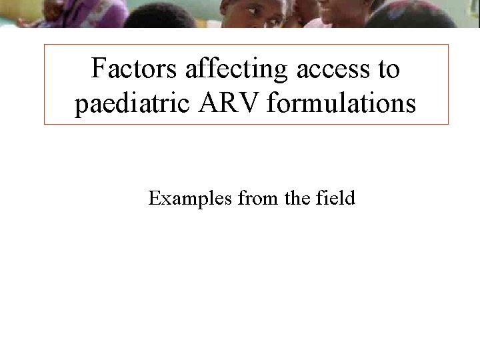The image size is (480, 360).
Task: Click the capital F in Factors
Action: (98, 69)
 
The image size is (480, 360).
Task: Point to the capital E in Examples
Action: (154, 199)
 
